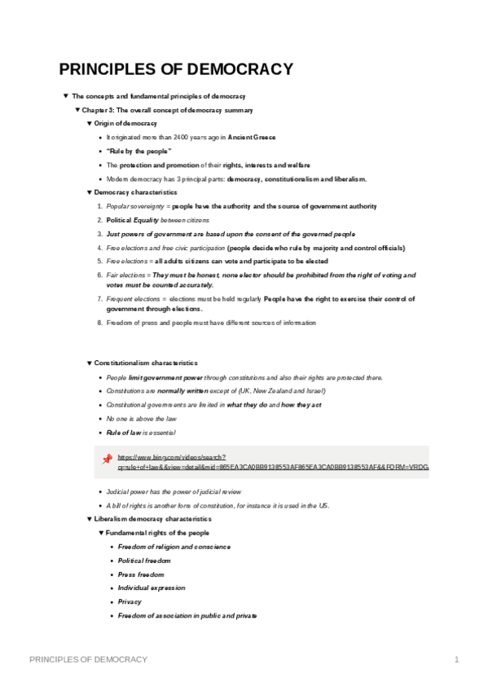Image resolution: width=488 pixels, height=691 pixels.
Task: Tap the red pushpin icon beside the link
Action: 107,459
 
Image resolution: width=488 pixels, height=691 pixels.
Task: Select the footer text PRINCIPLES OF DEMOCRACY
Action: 89,659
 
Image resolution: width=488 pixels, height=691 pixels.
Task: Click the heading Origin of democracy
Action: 125,123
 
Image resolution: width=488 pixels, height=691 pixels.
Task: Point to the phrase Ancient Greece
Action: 253,137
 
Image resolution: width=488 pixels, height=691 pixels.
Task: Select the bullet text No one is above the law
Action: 136,418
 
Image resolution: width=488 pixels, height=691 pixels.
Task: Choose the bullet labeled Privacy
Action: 130,601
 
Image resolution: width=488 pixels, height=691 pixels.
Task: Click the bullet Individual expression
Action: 152,588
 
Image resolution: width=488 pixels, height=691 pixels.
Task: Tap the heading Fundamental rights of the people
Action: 152,532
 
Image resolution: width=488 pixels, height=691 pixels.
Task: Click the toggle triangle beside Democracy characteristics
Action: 89,192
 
